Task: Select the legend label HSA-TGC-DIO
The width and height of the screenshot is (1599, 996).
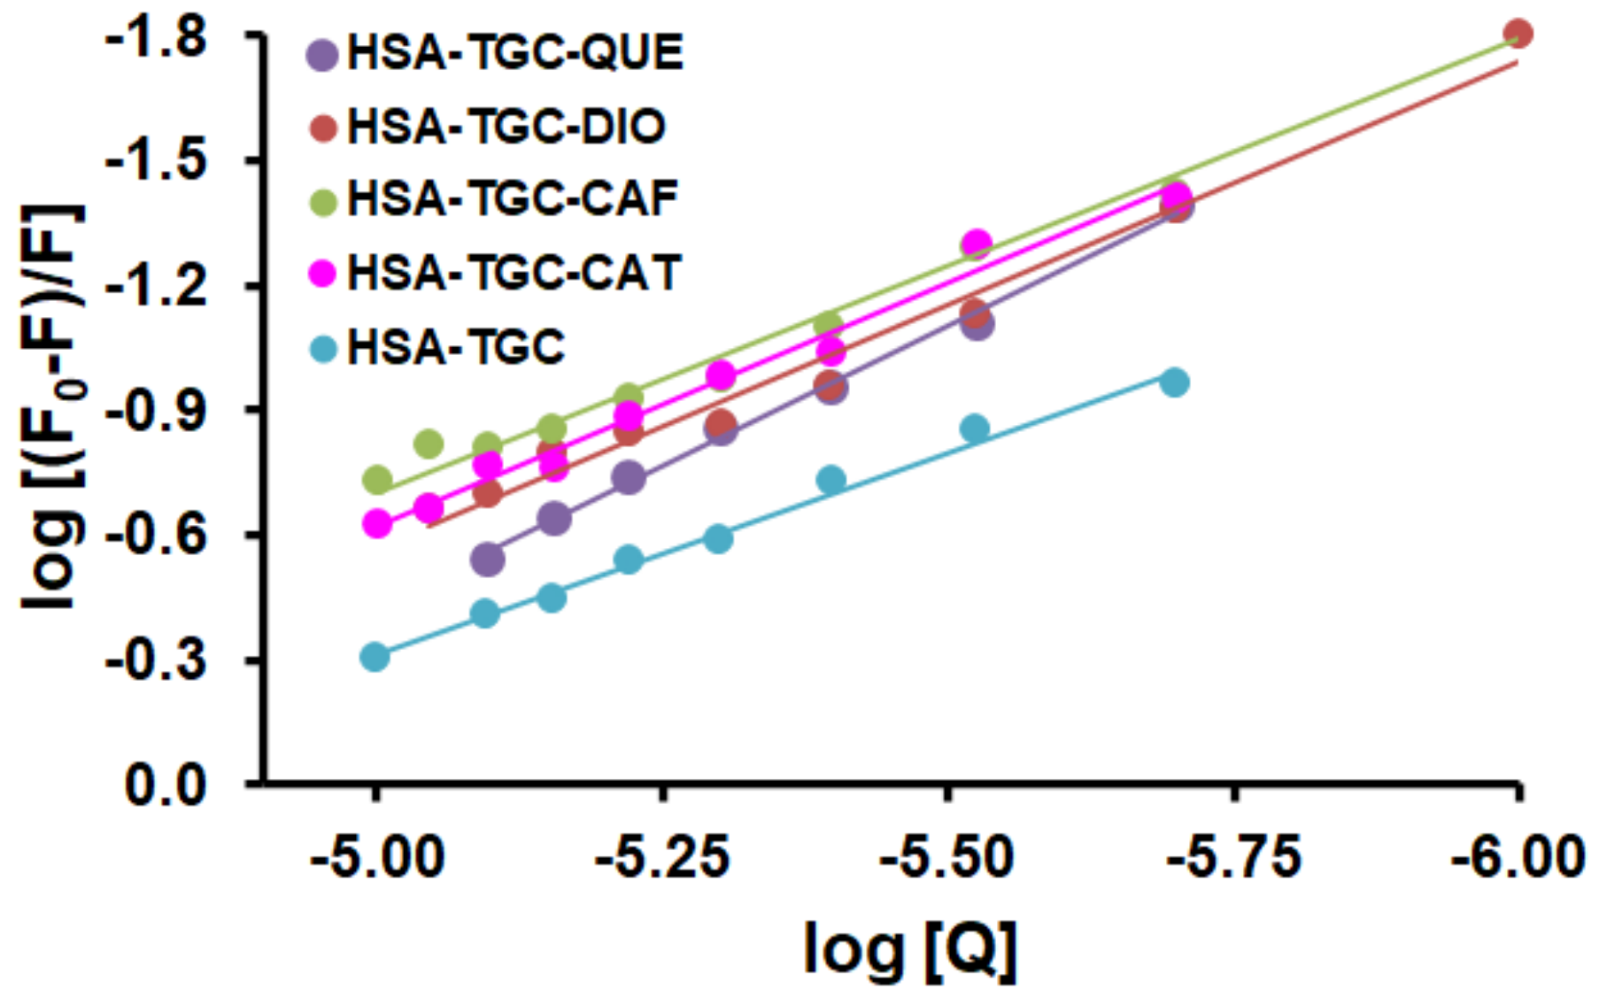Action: pos(506,127)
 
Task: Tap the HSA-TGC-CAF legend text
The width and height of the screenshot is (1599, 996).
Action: pos(513,199)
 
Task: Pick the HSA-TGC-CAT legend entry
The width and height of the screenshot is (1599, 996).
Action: pos(514,273)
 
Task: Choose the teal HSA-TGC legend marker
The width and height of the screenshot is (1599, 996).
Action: pos(324,349)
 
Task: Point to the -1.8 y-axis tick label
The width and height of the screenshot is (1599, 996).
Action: pos(156,37)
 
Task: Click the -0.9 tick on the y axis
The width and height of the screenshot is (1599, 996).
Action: pos(156,410)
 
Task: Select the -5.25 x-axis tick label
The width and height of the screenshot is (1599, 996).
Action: pos(662,858)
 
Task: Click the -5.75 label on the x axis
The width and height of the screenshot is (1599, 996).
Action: pos(1233,858)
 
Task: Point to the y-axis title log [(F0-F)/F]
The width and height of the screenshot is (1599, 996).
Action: pos(53,407)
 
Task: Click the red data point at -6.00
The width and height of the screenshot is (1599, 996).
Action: pos(1518,35)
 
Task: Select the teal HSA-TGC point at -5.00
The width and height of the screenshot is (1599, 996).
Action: pos(375,657)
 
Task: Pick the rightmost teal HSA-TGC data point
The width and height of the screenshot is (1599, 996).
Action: pos(1174,382)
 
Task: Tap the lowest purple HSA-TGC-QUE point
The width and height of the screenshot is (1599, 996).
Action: pos(487,560)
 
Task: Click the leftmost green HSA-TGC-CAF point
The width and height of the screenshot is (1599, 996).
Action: pos(377,480)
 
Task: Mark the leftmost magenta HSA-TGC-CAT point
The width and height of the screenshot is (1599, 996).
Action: pos(377,523)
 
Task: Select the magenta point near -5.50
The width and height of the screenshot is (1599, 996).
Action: pos(977,243)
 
